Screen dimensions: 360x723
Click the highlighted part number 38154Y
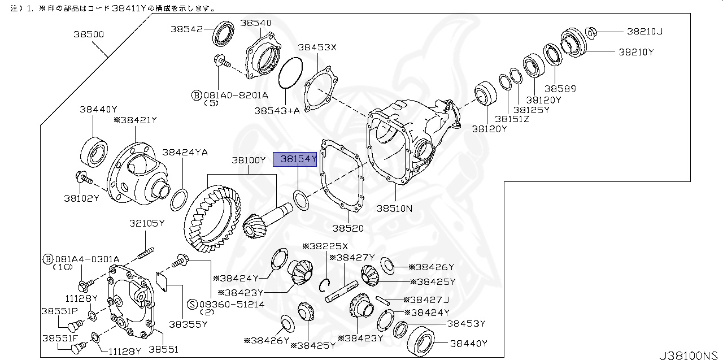(x=295, y=159)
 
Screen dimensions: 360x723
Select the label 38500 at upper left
(x=88, y=34)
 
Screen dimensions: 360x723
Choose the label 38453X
(x=317, y=47)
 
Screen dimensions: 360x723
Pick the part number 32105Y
(x=147, y=223)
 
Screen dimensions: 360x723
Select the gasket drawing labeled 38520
(x=342, y=178)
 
